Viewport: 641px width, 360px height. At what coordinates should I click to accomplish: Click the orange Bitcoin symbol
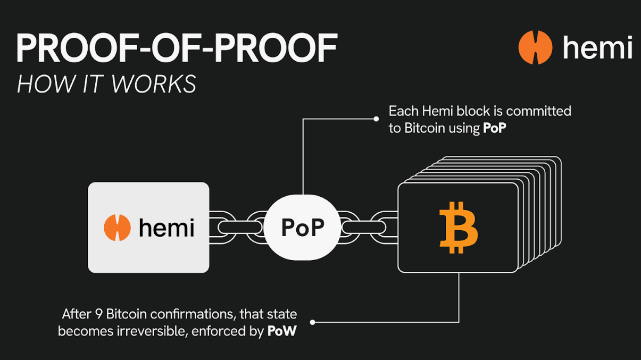(x=459, y=227)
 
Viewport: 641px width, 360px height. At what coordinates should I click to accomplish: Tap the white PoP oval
(x=302, y=228)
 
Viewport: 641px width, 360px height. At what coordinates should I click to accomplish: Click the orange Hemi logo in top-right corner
(x=535, y=47)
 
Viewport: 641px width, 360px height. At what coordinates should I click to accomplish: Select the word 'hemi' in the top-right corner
(x=597, y=47)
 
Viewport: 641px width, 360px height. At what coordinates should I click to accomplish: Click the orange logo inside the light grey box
(x=117, y=228)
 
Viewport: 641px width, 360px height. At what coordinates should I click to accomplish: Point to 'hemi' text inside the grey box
(x=166, y=228)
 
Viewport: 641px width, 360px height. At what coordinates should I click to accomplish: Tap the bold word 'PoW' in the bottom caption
(x=281, y=331)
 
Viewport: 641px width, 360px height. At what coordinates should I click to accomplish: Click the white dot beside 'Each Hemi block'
(x=376, y=119)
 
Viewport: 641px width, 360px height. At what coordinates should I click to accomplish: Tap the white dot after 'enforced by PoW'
(x=313, y=322)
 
